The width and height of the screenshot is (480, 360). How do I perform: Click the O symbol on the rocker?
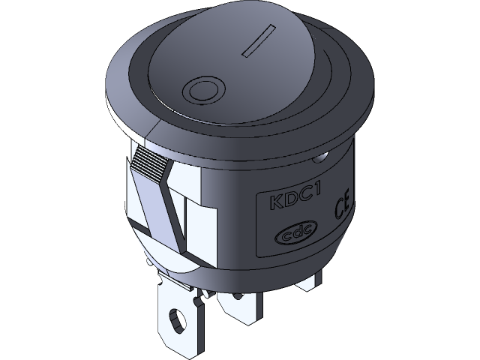click(x=202, y=91)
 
